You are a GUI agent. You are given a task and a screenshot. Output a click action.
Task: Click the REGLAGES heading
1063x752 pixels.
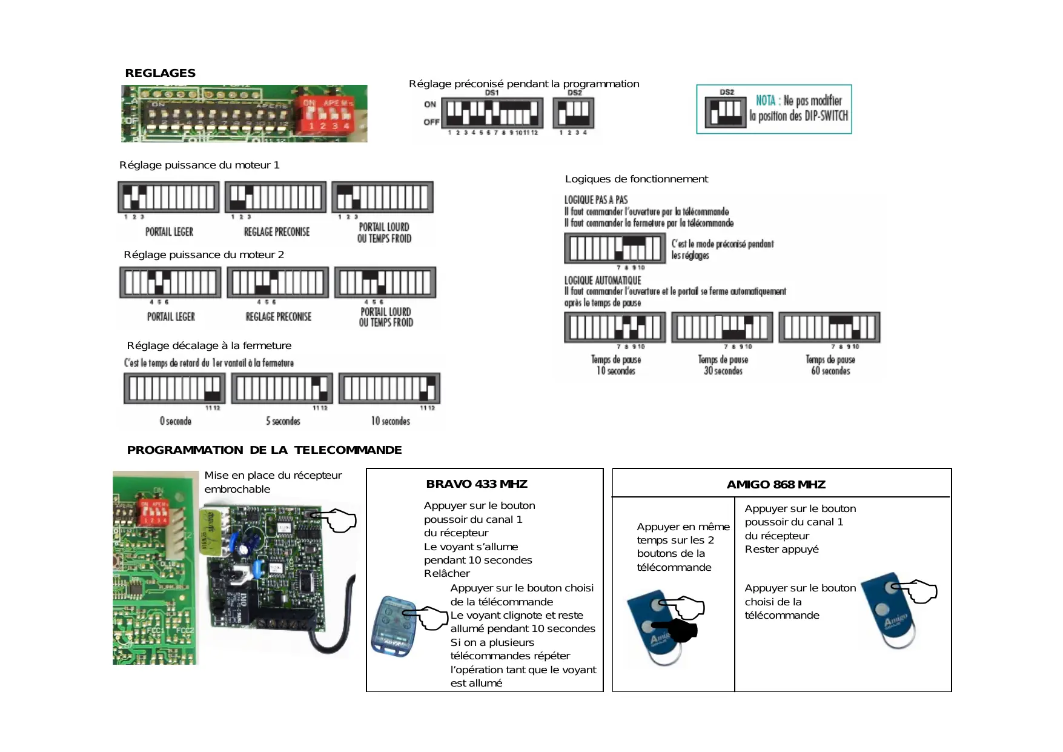coord(160,73)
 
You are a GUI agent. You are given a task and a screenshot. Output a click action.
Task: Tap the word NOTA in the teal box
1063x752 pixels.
coord(766,101)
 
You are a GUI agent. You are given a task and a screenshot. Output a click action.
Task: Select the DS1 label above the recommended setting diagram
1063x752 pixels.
coord(492,93)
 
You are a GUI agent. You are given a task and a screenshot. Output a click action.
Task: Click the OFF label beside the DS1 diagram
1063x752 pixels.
coord(431,122)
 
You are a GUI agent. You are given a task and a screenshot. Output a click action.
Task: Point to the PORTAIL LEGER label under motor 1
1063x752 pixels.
coord(169,232)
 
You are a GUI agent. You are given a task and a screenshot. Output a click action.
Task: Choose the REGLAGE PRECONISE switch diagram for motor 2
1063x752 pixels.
coord(278,282)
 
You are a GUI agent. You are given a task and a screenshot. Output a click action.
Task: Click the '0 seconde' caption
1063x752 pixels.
coord(176,421)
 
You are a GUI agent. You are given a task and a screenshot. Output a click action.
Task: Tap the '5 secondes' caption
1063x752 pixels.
coord(283,421)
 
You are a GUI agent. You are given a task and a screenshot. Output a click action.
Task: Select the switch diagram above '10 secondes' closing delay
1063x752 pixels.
coord(389,388)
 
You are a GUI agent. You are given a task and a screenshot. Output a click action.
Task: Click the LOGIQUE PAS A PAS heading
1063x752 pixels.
coord(596,200)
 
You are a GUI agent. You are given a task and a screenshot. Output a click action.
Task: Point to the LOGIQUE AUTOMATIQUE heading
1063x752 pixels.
coord(603,281)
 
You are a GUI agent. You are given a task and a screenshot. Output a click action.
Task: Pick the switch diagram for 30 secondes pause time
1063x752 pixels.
coord(722,327)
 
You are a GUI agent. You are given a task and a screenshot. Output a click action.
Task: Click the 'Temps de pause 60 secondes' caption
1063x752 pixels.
coord(830,365)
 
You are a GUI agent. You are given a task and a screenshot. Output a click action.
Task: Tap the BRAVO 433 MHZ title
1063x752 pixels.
coord(477,484)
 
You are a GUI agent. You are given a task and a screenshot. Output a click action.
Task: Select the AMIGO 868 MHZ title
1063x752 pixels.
coord(776,485)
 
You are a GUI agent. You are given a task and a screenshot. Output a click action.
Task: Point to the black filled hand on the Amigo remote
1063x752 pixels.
coord(678,630)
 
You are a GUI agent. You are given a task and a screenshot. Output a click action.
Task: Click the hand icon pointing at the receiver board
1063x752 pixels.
coord(334,520)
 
